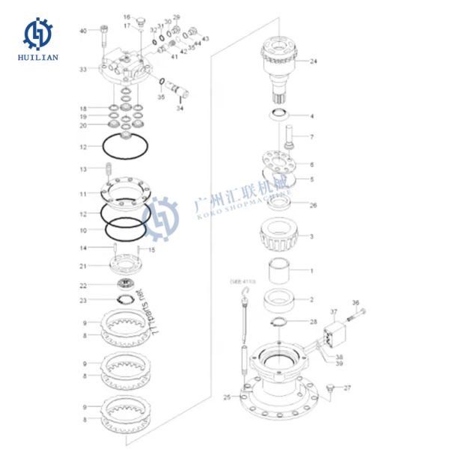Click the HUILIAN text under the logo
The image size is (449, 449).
point(37,57)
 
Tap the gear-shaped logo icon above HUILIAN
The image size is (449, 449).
point(37,33)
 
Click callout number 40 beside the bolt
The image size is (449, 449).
point(84,31)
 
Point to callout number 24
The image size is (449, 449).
point(314,61)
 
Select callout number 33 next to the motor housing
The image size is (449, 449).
point(84,69)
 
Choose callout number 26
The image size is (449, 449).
point(313,205)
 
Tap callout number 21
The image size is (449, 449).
point(84,266)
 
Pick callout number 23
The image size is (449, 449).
point(84,301)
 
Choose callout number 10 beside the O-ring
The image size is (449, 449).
point(84,230)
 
